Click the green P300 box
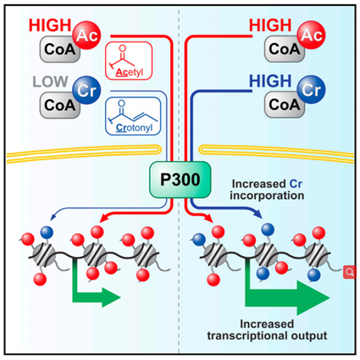pos(180,180)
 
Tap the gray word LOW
pos(50,82)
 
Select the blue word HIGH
pos(270,81)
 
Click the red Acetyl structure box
pos(129,61)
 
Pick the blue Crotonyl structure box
pos(133,116)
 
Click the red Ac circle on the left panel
pos(87,35)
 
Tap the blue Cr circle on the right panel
pos(311,90)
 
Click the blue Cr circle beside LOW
pos(86,90)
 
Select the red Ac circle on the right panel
pos(311,35)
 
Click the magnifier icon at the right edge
pos(350,272)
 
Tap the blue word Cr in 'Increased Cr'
pos(296,184)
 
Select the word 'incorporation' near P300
pos(267,196)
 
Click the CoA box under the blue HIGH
pos(285,104)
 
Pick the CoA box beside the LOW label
pos(60,105)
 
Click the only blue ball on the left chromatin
pos(47,232)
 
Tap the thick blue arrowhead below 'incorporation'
pos(257,213)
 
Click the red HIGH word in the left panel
pos(50,25)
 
